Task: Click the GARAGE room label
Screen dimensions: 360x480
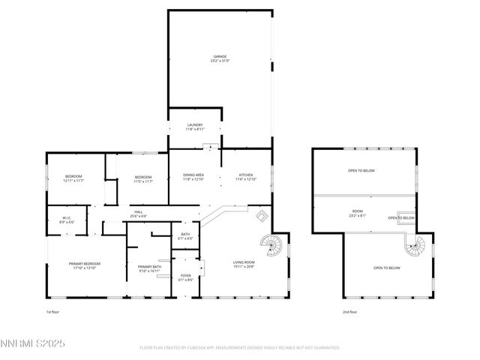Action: [x=219, y=58]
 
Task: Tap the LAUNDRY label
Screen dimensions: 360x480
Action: [x=194, y=127]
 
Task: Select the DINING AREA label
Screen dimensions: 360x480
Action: [x=194, y=178]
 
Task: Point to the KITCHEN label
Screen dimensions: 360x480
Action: [x=246, y=178]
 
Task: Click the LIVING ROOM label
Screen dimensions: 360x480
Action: [x=244, y=264]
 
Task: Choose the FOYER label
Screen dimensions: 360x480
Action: [x=185, y=278]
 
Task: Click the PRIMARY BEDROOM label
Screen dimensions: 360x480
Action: [x=85, y=266]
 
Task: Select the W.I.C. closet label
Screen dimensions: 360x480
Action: [x=66, y=220]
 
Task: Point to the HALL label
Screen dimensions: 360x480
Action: [x=139, y=214]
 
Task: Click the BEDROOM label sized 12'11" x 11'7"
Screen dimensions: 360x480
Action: [x=73, y=179]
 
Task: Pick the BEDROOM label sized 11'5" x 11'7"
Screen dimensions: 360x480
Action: [x=143, y=179]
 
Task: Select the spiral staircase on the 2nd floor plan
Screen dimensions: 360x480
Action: [x=414, y=245]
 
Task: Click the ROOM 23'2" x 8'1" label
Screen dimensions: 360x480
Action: [x=358, y=215]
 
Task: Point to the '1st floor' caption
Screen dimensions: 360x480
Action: [x=53, y=311]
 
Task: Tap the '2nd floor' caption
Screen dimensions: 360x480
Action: [x=349, y=311]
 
